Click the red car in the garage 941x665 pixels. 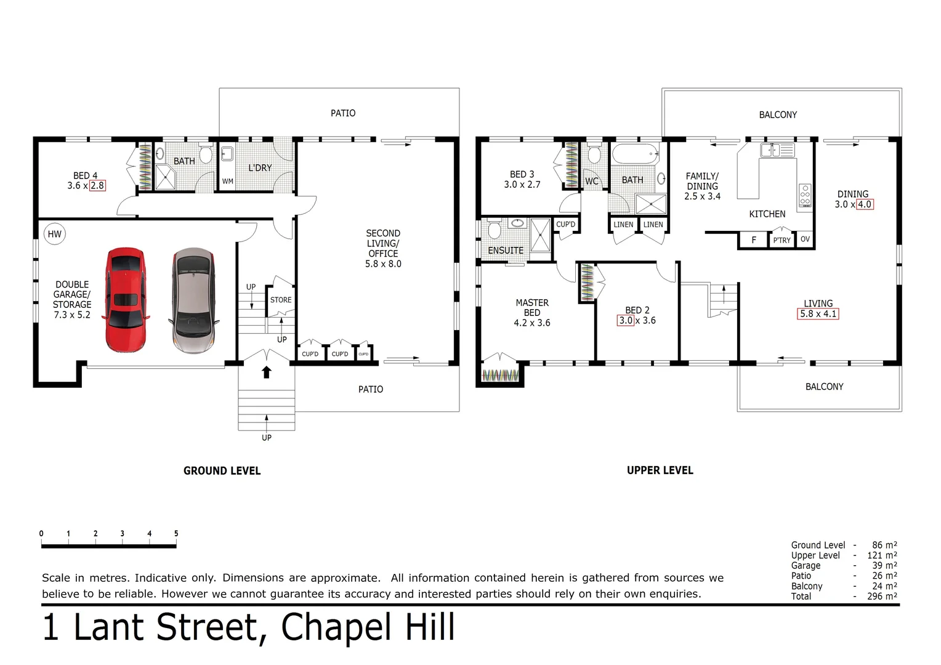tap(126, 300)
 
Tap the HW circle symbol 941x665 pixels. tap(55, 234)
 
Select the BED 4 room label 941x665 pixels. tap(85, 175)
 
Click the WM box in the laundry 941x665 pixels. tap(227, 182)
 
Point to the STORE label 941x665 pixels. tap(281, 300)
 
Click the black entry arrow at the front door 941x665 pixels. tap(266, 372)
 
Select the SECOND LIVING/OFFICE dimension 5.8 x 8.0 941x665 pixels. tap(383, 264)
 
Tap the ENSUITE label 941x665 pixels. tap(506, 251)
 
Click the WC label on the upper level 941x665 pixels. tap(592, 181)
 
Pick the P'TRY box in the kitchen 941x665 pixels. tap(781, 240)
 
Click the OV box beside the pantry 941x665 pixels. tap(805, 240)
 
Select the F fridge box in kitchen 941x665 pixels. tap(754, 240)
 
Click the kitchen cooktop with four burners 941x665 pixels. tap(805, 195)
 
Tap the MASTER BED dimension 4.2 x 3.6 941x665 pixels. tap(532, 323)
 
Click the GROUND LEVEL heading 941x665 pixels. tap(222, 471)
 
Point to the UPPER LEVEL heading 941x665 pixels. tap(660, 470)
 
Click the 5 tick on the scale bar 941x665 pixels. tap(176, 534)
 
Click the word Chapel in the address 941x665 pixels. tap(337, 627)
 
